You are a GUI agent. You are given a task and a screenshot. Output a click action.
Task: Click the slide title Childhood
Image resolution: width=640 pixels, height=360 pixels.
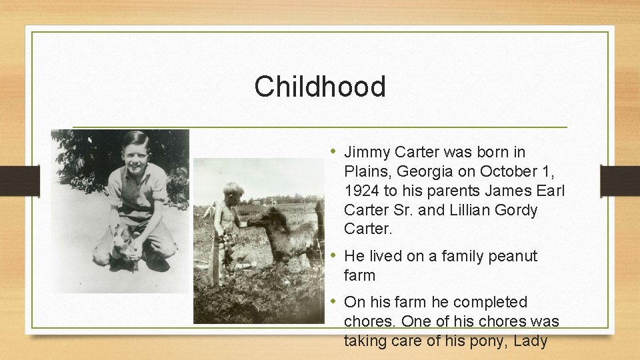click(319, 87)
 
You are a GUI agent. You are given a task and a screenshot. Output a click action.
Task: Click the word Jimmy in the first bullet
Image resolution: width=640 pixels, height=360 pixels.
click(366, 152)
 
